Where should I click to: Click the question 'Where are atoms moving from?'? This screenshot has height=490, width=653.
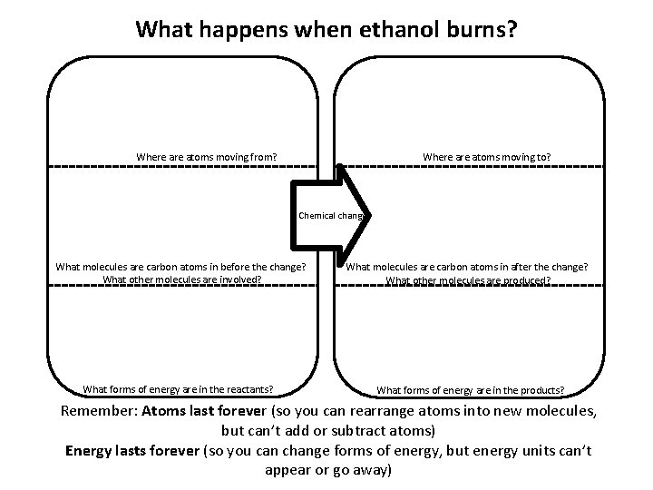tap(206, 157)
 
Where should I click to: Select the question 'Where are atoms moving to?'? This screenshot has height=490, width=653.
tap(486, 157)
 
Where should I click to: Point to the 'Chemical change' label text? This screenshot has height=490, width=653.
tap(331, 216)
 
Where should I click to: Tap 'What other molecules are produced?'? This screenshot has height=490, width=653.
tap(468, 280)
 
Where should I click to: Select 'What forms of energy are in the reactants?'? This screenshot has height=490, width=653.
tap(179, 389)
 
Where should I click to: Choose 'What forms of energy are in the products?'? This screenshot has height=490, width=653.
tap(470, 390)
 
